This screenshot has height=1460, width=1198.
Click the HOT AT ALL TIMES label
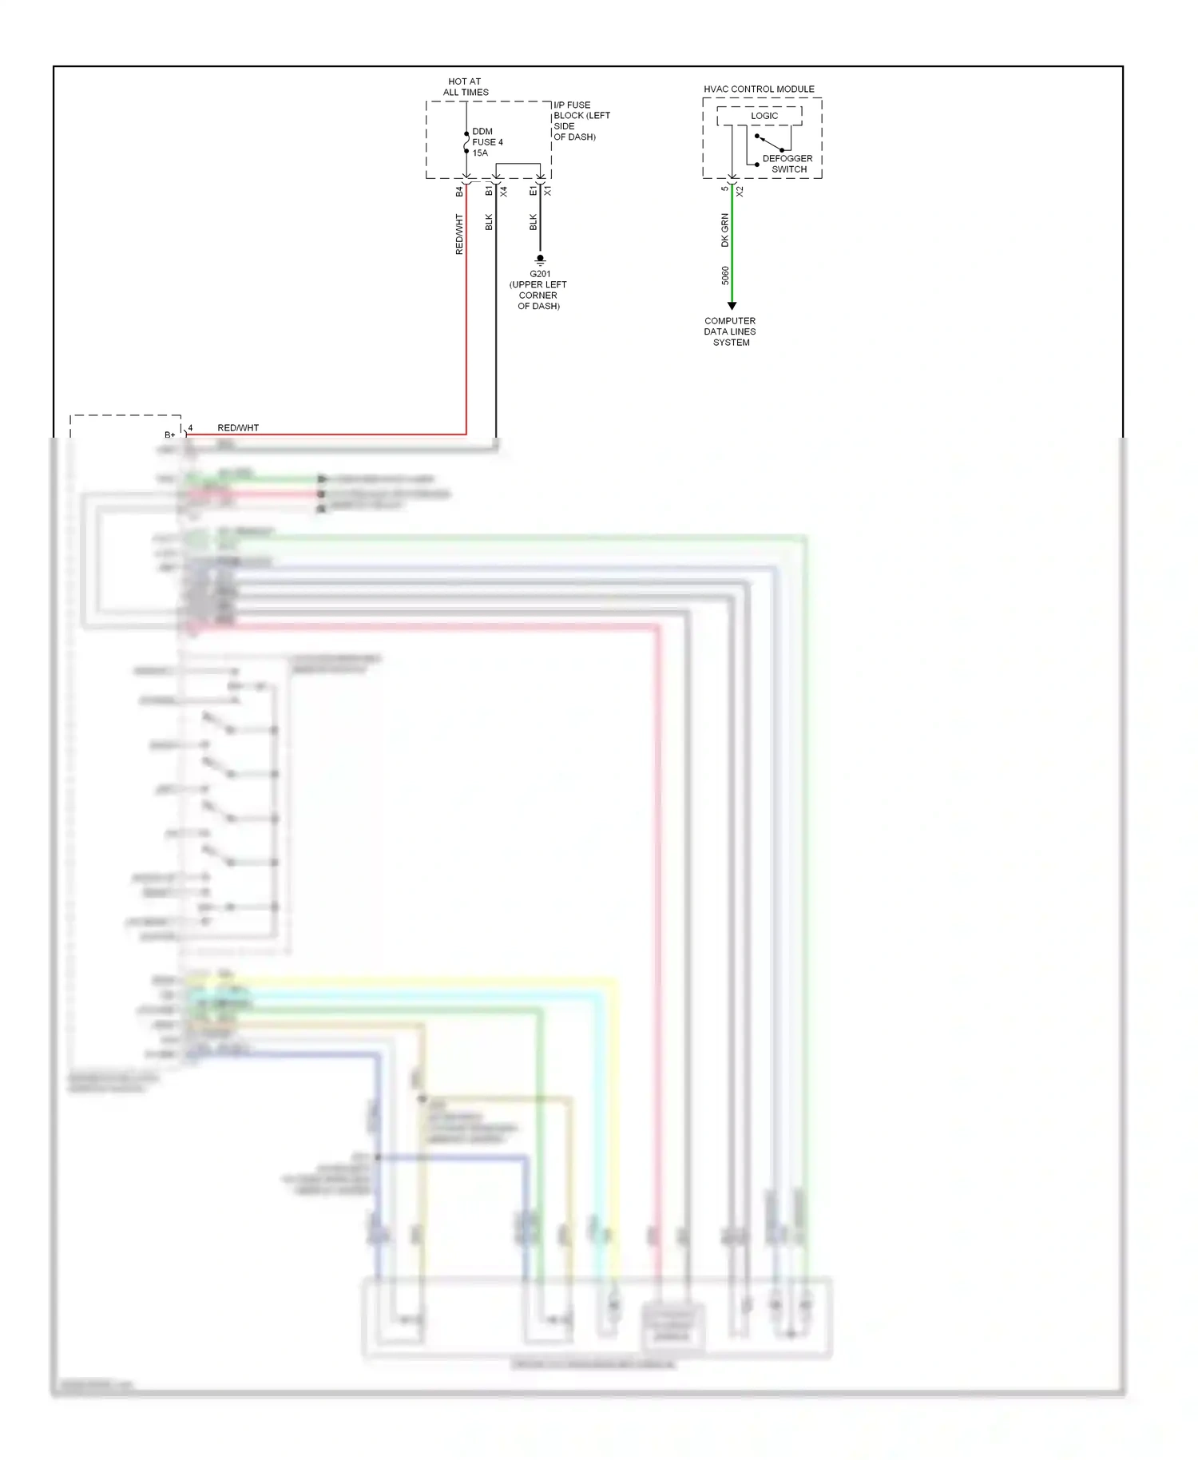point(466,87)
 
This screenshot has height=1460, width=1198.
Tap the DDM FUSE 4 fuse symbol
point(466,142)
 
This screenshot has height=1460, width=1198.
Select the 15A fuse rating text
point(480,153)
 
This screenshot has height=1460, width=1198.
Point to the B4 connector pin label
point(459,192)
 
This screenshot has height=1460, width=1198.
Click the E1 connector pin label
point(533,192)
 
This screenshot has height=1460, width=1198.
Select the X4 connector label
point(504,192)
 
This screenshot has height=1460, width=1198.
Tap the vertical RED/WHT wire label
point(459,234)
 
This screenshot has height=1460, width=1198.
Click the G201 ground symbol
point(540,260)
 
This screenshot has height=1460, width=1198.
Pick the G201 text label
point(540,274)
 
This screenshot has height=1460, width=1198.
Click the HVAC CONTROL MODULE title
point(759,89)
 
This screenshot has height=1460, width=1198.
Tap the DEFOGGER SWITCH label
point(787,164)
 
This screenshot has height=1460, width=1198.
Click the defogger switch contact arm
point(770,143)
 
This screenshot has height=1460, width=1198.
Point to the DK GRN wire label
point(725,230)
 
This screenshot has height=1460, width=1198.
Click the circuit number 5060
point(725,276)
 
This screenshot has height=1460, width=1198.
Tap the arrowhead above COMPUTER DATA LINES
point(732,306)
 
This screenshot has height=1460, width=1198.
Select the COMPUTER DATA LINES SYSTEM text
point(730,331)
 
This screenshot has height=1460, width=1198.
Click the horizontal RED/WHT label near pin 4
point(238,428)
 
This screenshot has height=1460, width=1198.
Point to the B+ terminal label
point(169,435)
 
